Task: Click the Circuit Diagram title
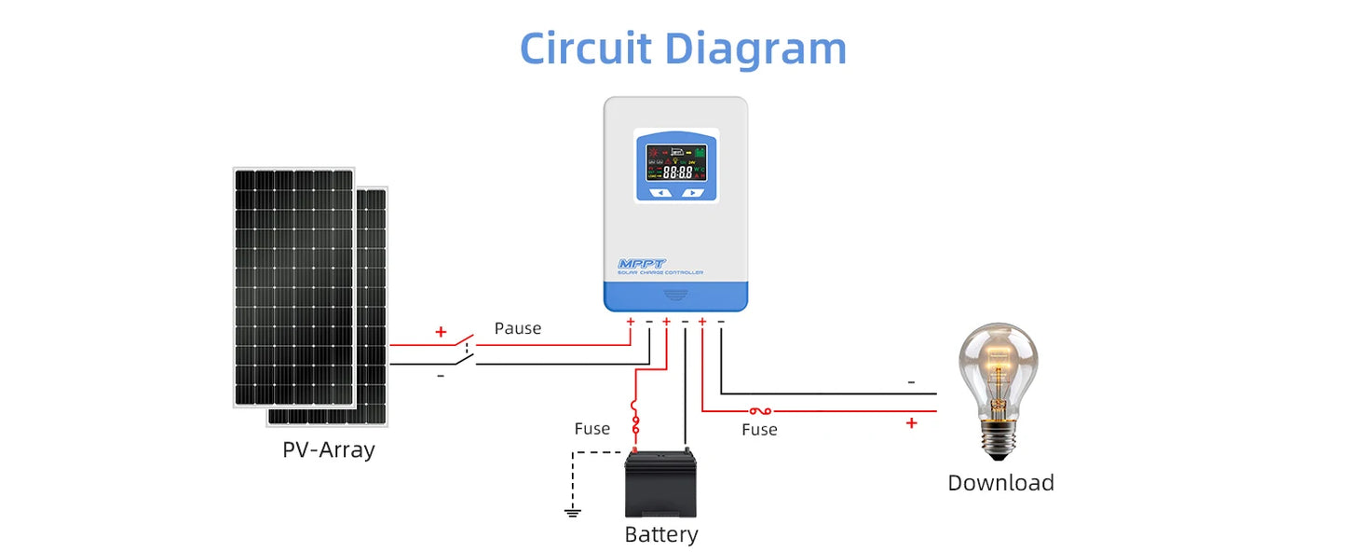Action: (x=683, y=48)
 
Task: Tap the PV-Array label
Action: (x=328, y=449)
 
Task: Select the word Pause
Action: (x=517, y=328)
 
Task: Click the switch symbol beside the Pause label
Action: (x=465, y=352)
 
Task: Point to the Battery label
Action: (x=660, y=534)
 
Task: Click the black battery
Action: (x=660, y=484)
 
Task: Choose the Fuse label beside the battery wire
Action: (x=591, y=429)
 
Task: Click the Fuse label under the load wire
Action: (x=759, y=430)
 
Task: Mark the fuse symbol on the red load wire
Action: (x=759, y=410)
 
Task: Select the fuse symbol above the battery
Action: (x=636, y=421)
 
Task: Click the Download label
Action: (x=1000, y=483)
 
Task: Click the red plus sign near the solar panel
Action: (x=441, y=332)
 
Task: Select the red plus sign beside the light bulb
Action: (x=911, y=423)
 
